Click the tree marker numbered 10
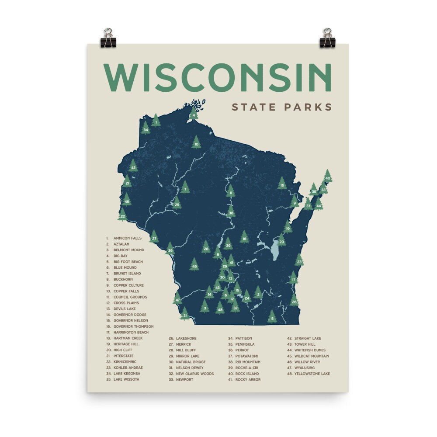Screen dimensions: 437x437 (x=196, y=143)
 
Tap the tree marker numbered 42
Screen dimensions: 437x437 (x=133, y=166)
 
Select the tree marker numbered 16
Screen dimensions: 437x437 (x=282, y=184)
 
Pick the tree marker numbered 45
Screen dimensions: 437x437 (x=194, y=265)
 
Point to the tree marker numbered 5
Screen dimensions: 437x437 (x=272, y=318)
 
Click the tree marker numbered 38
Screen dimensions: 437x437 (x=231, y=212)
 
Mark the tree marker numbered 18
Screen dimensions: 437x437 (x=244, y=238)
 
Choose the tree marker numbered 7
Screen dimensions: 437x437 (x=185, y=189)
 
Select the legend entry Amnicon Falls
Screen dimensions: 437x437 (x=127, y=238)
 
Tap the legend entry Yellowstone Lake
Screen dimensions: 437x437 (x=312, y=374)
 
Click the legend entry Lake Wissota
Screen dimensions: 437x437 (x=126, y=379)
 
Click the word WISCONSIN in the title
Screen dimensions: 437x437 (x=217, y=78)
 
